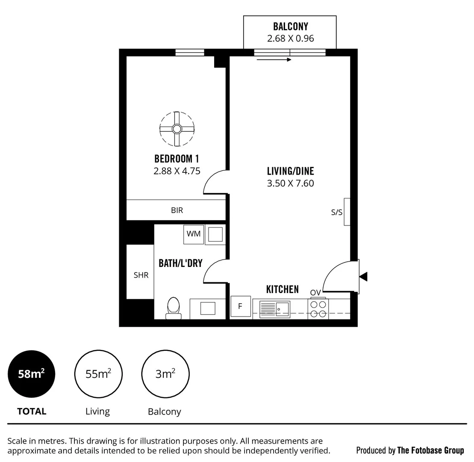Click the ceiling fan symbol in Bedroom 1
tap(177, 129)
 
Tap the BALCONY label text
tap(291, 27)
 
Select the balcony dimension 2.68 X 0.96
tap(291, 38)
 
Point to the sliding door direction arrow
tap(274, 60)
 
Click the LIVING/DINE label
tap(291, 172)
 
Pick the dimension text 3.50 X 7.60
tap(291, 184)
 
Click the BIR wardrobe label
tap(177, 210)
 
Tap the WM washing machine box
tap(194, 234)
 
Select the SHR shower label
tap(141, 275)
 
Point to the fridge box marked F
tap(240, 306)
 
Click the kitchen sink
tap(274, 309)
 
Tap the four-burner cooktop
tap(318, 309)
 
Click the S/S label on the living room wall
tap(337, 212)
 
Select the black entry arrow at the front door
tap(363, 277)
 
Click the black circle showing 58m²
tap(31, 374)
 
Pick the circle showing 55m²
tap(98, 374)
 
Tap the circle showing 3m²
tap(165, 374)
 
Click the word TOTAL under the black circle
tap(32, 412)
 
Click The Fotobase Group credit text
tap(430, 450)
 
